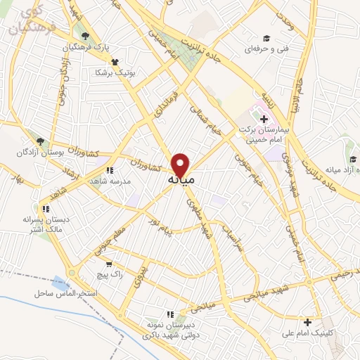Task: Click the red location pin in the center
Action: pos(181,165)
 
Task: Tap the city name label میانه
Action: pos(182,181)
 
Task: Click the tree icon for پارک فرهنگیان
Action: pos(86,36)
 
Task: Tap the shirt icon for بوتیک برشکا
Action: pos(105,62)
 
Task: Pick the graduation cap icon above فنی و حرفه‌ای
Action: pos(266,38)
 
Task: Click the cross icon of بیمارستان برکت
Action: pos(263,118)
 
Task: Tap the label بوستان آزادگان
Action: pos(44,153)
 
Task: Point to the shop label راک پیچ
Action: pos(111,275)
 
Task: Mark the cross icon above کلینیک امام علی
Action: pos(307,322)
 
